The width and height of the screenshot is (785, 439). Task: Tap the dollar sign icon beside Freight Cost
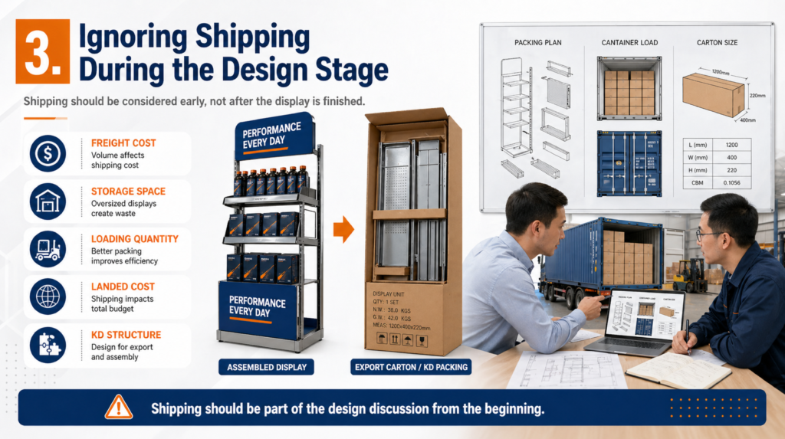point(48,153)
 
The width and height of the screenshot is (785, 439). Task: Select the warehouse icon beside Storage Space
point(48,201)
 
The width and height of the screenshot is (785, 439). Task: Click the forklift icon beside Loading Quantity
point(48,249)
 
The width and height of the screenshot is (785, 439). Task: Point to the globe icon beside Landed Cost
point(48,297)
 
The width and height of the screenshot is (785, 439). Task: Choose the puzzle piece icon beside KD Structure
point(48,345)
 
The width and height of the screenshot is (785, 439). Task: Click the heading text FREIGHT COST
point(123,143)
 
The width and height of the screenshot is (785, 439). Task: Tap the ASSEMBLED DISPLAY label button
point(267,367)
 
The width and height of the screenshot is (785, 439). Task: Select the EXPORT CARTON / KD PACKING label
point(412,367)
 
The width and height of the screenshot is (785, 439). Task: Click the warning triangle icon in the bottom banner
point(119,407)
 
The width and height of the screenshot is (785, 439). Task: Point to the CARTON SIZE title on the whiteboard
point(717,43)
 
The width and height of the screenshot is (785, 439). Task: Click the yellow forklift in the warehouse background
point(691,274)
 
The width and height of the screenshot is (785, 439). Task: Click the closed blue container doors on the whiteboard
point(629,163)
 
